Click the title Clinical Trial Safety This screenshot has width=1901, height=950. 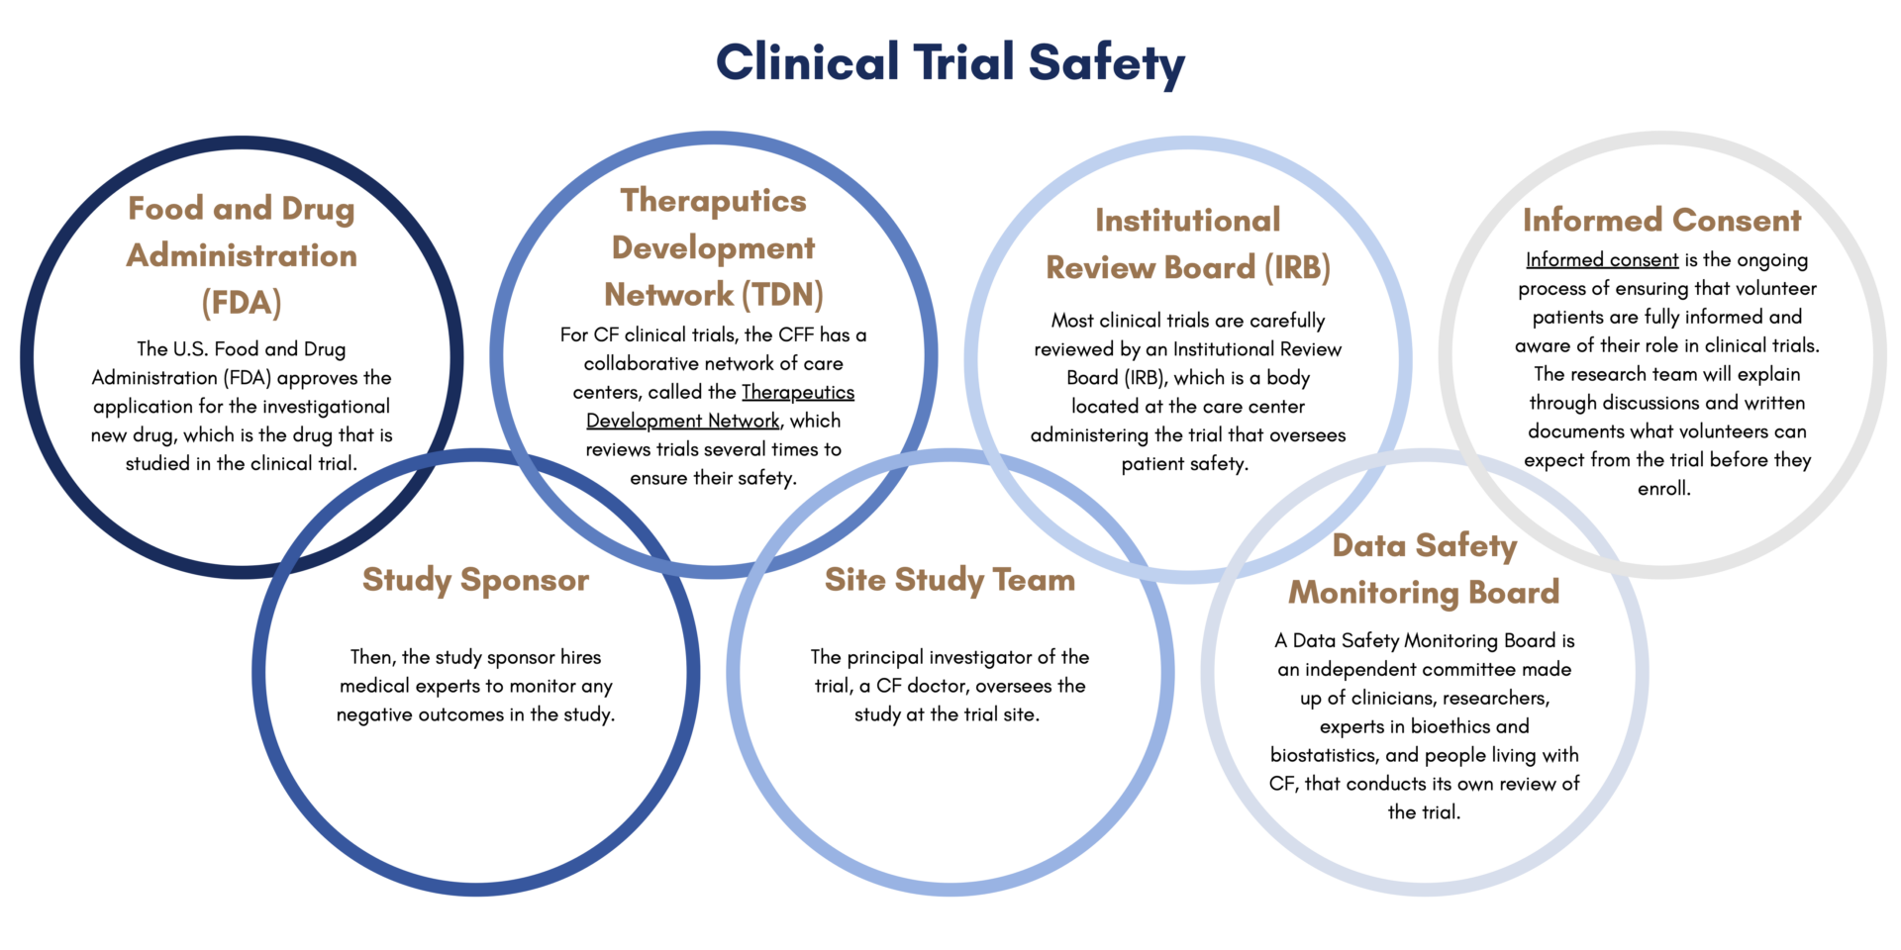coord(950,62)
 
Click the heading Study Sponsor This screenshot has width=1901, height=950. coord(475,580)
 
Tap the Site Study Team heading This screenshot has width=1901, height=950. coord(950,580)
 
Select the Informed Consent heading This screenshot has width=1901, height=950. coord(1661,220)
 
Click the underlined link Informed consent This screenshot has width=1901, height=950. coord(1601,260)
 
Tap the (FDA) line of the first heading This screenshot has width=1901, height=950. coord(242,303)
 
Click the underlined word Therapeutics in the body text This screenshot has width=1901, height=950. coord(797,393)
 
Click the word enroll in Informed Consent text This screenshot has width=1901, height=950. coord(1663,489)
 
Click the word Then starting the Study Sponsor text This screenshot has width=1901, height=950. coord(372,658)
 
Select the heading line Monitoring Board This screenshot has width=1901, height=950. coord(1424,593)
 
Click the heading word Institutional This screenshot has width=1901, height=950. coord(1187,220)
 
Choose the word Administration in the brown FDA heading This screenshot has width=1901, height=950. coord(242,255)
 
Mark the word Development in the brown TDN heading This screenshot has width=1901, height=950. coord(713,247)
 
